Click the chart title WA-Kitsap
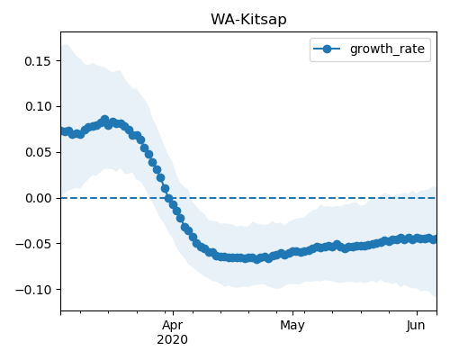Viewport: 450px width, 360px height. point(248,20)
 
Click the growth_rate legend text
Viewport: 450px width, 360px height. point(387,49)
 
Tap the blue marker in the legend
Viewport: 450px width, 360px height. point(327,49)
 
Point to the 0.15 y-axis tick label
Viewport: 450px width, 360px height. point(38,61)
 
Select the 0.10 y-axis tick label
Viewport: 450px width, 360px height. point(38,106)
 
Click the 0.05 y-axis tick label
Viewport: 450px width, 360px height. point(38,152)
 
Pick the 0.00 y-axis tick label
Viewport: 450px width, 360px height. point(38,198)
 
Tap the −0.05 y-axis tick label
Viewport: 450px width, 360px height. point(33,244)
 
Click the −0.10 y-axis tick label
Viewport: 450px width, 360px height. point(33,290)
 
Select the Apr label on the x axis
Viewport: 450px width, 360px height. point(173,326)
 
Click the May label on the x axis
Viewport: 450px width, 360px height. point(292,326)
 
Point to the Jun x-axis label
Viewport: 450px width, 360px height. point(416,326)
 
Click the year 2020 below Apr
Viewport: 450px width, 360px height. point(173,340)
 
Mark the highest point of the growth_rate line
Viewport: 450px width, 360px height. point(104,120)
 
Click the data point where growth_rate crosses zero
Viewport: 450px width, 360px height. point(168,198)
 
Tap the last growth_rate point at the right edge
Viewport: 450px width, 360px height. point(434,239)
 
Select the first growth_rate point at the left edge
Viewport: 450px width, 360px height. point(64,131)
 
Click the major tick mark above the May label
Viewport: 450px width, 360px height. point(292,313)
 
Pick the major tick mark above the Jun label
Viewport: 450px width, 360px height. point(417,313)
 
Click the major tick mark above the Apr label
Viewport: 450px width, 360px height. point(173,313)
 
